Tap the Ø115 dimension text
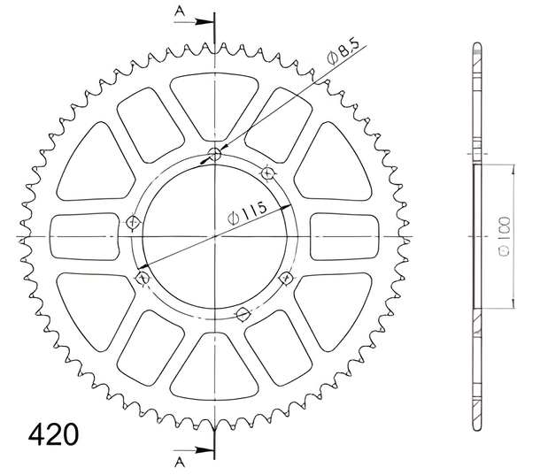[x=247, y=213]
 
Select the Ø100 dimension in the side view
[x=504, y=236]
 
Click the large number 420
[x=53, y=434]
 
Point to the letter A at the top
[x=180, y=11]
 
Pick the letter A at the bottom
[x=180, y=463]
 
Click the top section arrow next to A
[x=194, y=22]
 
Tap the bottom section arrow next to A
[x=194, y=450]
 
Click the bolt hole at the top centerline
[x=215, y=155]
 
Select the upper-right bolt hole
[x=268, y=173]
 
